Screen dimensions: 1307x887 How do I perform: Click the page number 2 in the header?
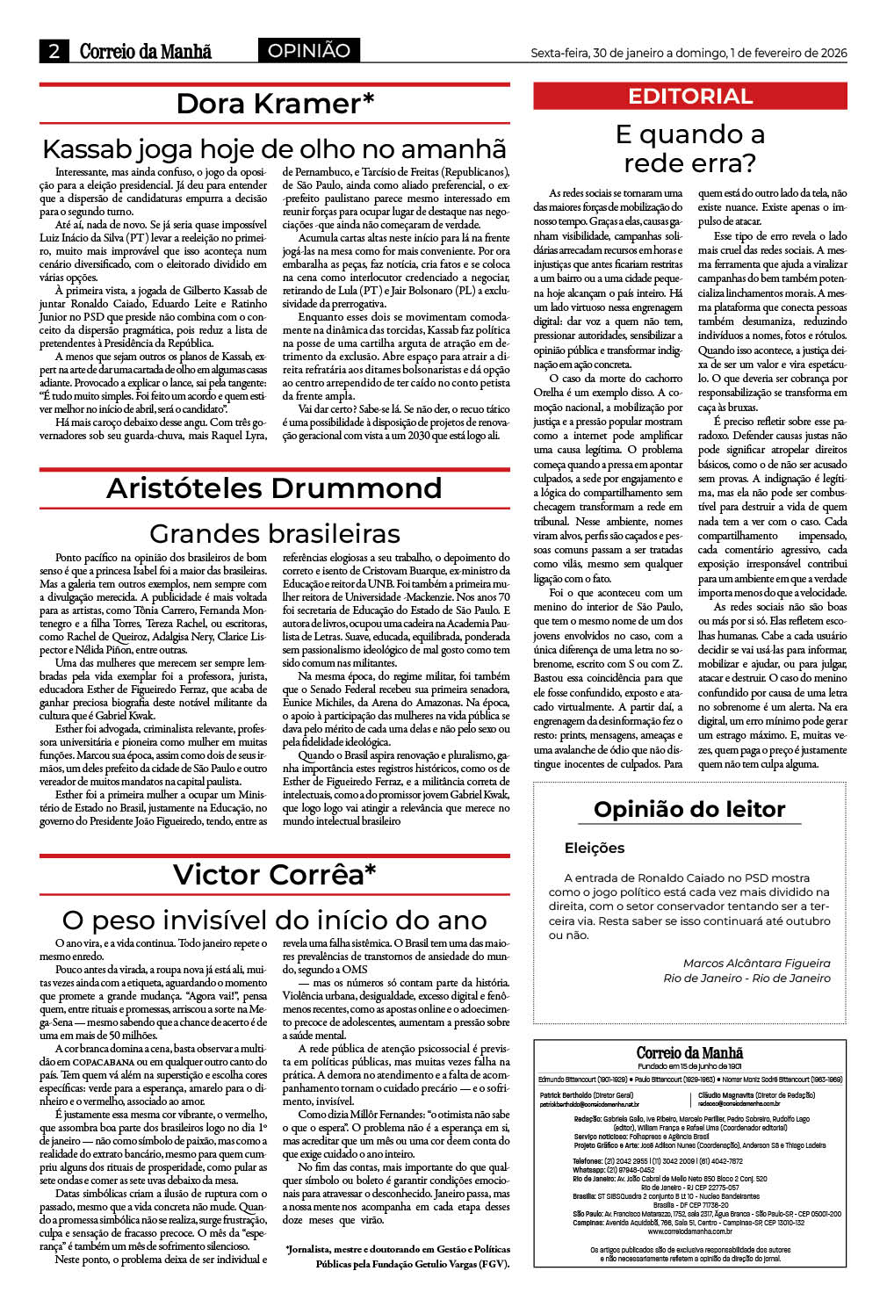(54, 51)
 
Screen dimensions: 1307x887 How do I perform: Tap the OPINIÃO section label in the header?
(309, 51)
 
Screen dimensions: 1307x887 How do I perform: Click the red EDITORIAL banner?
(690, 97)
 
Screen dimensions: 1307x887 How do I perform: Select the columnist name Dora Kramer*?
(275, 104)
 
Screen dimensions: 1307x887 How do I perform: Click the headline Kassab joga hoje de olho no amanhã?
(275, 148)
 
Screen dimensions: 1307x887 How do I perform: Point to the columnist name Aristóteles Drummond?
(275, 488)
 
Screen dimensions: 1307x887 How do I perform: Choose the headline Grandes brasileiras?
(275, 533)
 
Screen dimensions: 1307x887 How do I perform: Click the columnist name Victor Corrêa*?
(275, 875)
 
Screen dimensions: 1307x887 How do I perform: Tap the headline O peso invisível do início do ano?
(275, 920)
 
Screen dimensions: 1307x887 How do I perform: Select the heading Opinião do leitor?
(689, 809)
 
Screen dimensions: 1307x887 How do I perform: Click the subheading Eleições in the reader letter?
(595, 848)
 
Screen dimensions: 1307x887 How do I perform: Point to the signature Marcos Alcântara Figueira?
(756, 964)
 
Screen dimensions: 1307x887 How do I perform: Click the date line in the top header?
(689, 53)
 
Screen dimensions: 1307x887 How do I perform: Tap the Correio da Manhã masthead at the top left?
(146, 51)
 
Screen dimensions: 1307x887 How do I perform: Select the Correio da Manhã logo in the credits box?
(689, 1052)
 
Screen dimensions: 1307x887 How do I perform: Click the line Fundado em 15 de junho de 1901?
(689, 1066)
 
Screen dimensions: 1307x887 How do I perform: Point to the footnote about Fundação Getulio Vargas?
(398, 1256)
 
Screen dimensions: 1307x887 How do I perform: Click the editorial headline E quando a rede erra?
(689, 148)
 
